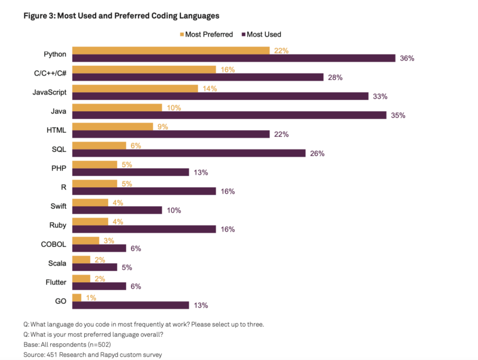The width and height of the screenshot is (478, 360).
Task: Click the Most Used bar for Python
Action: pyautogui.click(x=234, y=58)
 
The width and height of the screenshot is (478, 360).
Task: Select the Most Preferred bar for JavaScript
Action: pyautogui.click(x=135, y=89)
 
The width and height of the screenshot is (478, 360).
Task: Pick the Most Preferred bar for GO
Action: pyautogui.click(x=76, y=297)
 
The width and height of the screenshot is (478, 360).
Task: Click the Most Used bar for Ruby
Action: pyautogui.click(x=144, y=229)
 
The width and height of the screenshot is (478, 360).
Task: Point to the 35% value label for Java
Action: pyautogui.click(x=398, y=115)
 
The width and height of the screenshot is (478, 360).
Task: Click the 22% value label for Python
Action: pyautogui.click(x=281, y=51)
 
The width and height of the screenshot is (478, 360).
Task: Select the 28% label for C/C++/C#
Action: pyautogui.click(x=335, y=77)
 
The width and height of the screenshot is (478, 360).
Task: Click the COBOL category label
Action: pyautogui.click(x=54, y=244)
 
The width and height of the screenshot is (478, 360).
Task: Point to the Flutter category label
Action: pyautogui.click(x=55, y=282)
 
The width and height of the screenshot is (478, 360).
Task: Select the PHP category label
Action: pyautogui.click(x=59, y=168)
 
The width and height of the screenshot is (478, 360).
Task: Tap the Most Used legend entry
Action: pyautogui.click(x=261, y=34)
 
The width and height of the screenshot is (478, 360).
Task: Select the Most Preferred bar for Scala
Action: pyautogui.click(x=81, y=260)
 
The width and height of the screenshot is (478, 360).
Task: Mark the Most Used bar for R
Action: pyautogui.click(x=144, y=191)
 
